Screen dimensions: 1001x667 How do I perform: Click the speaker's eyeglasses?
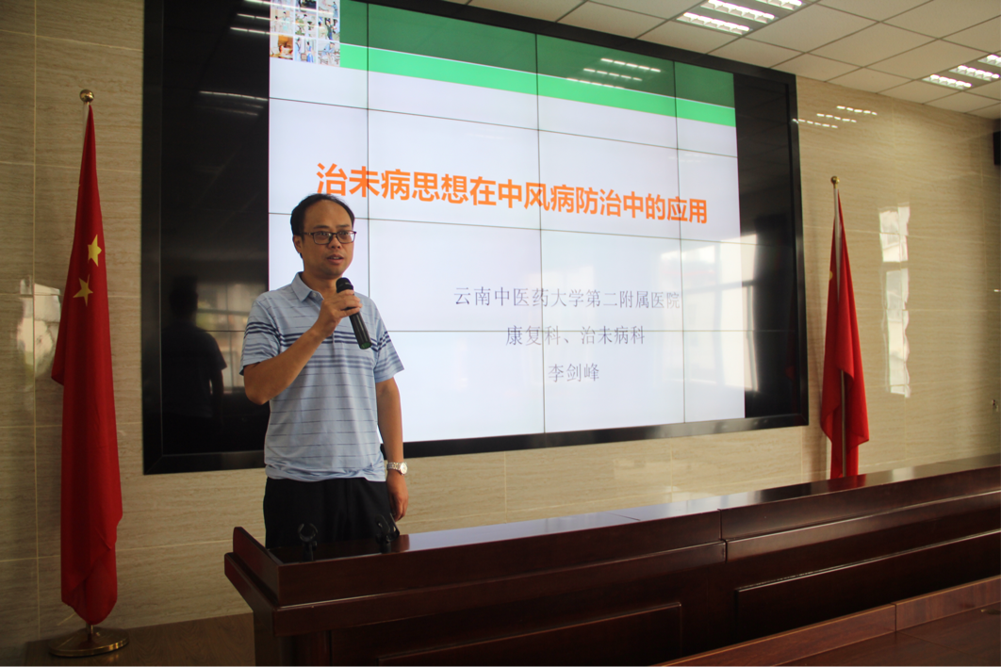click(x=329, y=236)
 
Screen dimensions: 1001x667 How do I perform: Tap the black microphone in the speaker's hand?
click(x=353, y=313)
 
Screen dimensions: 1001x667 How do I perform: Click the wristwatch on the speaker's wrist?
click(x=397, y=468)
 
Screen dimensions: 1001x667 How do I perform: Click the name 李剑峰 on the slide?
click(x=573, y=372)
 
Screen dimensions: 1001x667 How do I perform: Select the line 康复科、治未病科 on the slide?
click(x=575, y=335)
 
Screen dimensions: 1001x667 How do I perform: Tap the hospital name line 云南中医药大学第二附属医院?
click(x=566, y=298)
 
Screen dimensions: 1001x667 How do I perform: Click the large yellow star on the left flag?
click(x=94, y=251)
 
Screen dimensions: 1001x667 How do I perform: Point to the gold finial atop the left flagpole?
click(x=86, y=96)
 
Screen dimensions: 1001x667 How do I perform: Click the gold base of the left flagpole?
click(x=89, y=642)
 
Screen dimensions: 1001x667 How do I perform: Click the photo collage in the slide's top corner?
click(x=304, y=31)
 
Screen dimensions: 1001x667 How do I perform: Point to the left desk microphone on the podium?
click(x=307, y=539)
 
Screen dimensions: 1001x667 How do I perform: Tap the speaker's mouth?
click(x=334, y=258)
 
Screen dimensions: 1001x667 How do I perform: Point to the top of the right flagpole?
click(x=834, y=180)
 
